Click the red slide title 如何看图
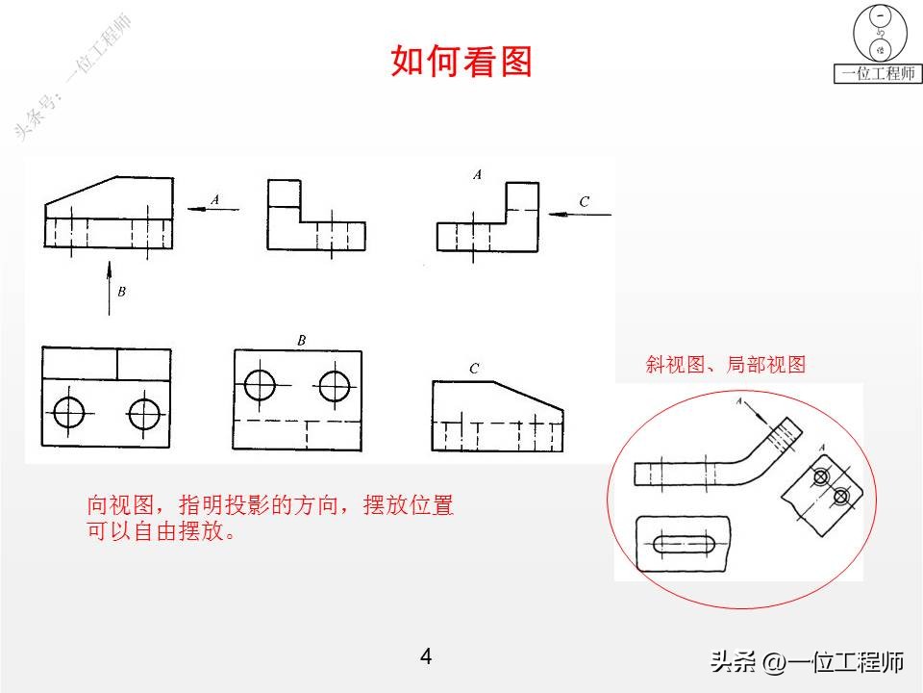[x=461, y=62]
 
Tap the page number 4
[x=426, y=657]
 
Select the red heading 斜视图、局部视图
[x=725, y=365]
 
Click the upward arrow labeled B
[x=109, y=287]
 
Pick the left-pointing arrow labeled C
[x=580, y=214]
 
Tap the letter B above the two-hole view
[x=301, y=340]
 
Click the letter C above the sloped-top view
[x=474, y=369]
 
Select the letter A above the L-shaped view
[x=477, y=174]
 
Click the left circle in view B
[x=261, y=385]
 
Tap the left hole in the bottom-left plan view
[x=68, y=414]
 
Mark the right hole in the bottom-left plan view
[x=144, y=414]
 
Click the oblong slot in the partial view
[x=683, y=545]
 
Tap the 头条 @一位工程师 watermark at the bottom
[x=807, y=662]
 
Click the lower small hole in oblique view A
[x=841, y=497]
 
